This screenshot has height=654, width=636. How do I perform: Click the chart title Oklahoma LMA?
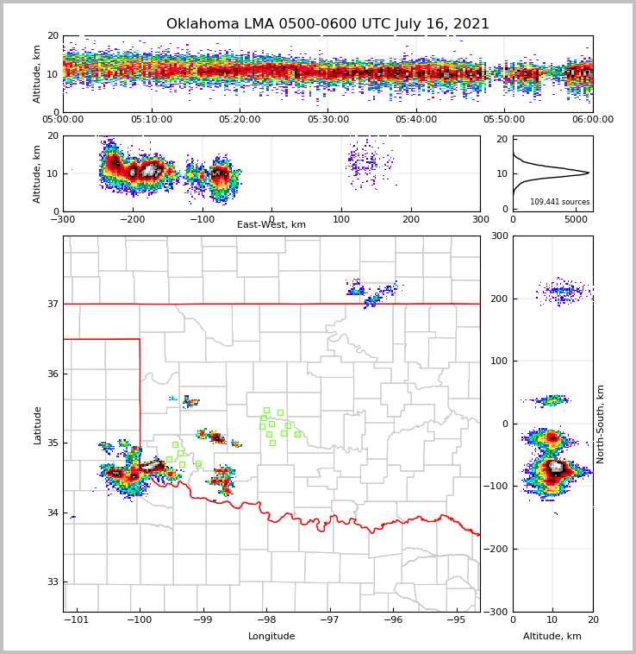pos(327,24)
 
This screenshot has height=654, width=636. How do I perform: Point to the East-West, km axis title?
pos(271,225)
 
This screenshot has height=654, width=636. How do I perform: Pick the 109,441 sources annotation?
pos(560,202)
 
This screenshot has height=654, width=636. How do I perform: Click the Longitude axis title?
pos(271,637)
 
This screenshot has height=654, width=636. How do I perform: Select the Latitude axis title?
pos(38,424)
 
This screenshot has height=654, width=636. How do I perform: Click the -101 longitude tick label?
pos(77,620)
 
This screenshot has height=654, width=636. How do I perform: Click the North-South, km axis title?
pos(601,424)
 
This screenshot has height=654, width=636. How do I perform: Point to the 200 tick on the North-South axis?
pos(498,299)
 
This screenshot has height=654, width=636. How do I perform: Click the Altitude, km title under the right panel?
pos(552,637)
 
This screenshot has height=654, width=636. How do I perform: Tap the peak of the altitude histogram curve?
pos(589,173)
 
